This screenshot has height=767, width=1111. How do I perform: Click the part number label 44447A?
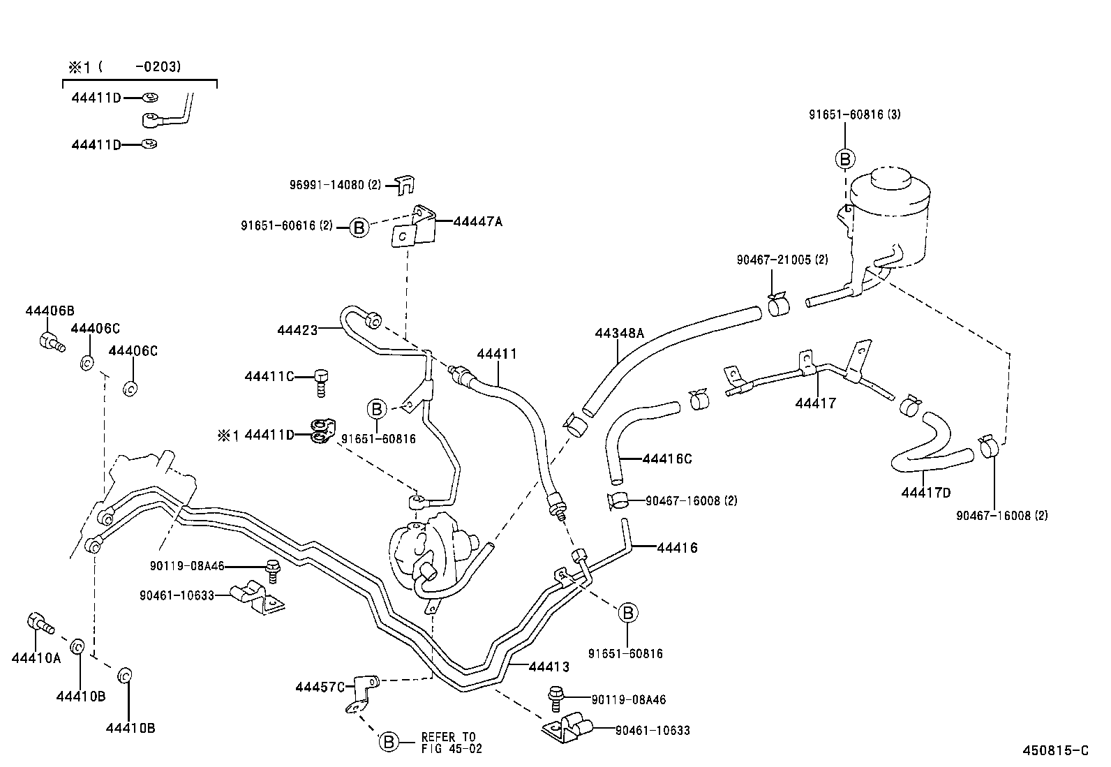478,222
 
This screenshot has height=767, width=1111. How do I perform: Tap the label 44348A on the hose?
619,333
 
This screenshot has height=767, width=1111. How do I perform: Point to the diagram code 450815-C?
1054,751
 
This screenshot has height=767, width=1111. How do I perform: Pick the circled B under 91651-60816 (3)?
844,159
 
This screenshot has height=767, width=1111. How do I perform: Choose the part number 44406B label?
50,311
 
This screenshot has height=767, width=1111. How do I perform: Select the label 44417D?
925,493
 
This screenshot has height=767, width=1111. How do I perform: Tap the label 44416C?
666,459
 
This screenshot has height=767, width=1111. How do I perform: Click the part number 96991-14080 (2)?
336,185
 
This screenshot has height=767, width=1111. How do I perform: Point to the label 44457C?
320,687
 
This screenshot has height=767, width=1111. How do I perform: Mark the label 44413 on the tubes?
549,667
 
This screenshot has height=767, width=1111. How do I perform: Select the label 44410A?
36,657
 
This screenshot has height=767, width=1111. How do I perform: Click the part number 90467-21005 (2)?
782,260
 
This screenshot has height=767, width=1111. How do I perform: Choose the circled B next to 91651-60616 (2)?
359,227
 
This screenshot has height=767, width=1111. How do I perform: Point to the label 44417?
815,403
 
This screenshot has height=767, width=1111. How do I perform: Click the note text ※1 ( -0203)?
124,67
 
